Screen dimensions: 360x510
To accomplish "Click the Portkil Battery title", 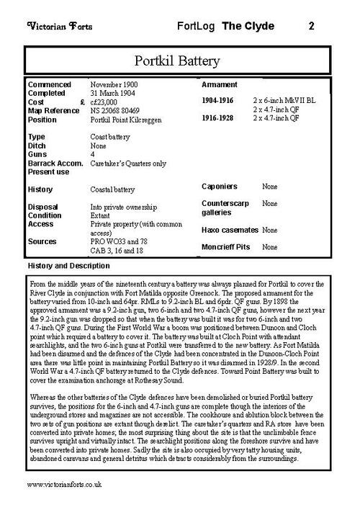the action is point(180,58).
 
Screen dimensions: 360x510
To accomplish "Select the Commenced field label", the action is point(50,85).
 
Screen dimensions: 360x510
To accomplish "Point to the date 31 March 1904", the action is point(114,94).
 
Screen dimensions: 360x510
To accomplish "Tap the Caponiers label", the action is point(220,187).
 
